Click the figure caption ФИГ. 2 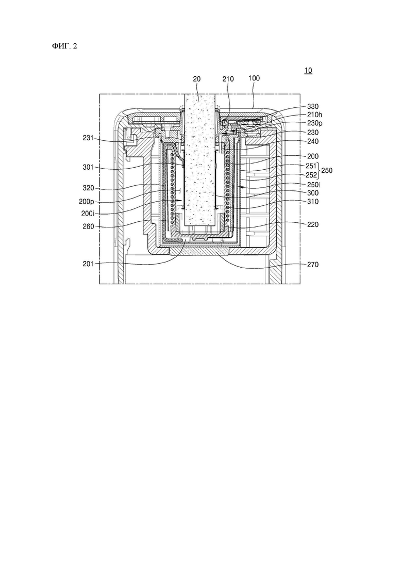(64, 46)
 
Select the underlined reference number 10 (308, 70)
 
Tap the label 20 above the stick (197, 79)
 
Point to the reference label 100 (254, 78)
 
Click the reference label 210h (314, 115)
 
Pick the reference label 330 (313, 106)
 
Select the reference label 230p (314, 123)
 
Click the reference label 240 (313, 141)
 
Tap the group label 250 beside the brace (327, 170)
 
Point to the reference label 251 (311, 166)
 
